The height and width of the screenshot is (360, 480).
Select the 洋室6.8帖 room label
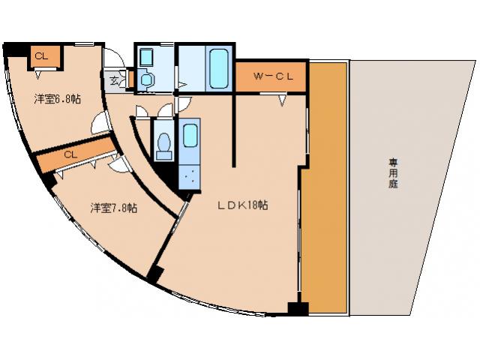[x=57, y=99]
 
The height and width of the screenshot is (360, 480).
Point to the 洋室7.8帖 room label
[x=114, y=208]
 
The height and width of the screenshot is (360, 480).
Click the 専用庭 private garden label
[x=392, y=173]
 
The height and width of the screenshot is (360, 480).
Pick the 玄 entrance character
[x=115, y=79]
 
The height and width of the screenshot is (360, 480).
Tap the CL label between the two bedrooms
[x=70, y=154]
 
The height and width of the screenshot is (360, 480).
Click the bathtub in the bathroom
[x=219, y=68]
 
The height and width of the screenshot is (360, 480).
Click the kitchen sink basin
[x=189, y=136]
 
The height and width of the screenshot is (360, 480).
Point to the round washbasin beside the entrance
[x=146, y=78]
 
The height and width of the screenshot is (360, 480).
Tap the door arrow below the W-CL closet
[x=283, y=98]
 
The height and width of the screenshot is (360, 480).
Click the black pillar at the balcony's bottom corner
[x=298, y=307]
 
